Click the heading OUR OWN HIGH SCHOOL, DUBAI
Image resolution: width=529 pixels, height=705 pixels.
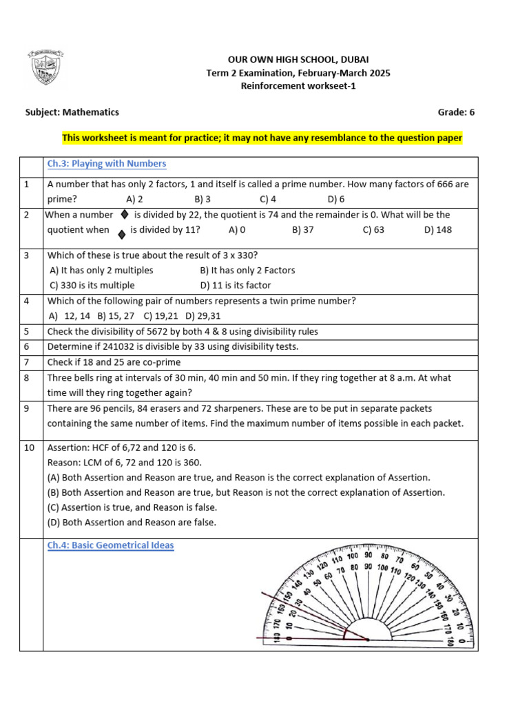[298, 60]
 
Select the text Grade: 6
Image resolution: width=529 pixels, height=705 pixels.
[456, 112]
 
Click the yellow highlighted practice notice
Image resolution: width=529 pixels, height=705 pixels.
[262, 138]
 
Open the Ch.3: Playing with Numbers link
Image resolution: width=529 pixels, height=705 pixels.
[107, 164]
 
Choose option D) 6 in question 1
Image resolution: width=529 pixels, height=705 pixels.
[336, 199]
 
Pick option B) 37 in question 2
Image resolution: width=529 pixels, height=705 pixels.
[302, 230]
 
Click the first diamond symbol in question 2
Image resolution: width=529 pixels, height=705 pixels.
[125, 215]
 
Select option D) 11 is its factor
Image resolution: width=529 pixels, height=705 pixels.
[236, 285]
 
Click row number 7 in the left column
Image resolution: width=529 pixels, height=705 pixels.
[26, 362]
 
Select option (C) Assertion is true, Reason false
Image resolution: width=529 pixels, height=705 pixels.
[132, 507]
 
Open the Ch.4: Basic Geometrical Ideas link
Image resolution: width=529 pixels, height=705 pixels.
[110, 545]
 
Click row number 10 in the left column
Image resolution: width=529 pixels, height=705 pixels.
[29, 448]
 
